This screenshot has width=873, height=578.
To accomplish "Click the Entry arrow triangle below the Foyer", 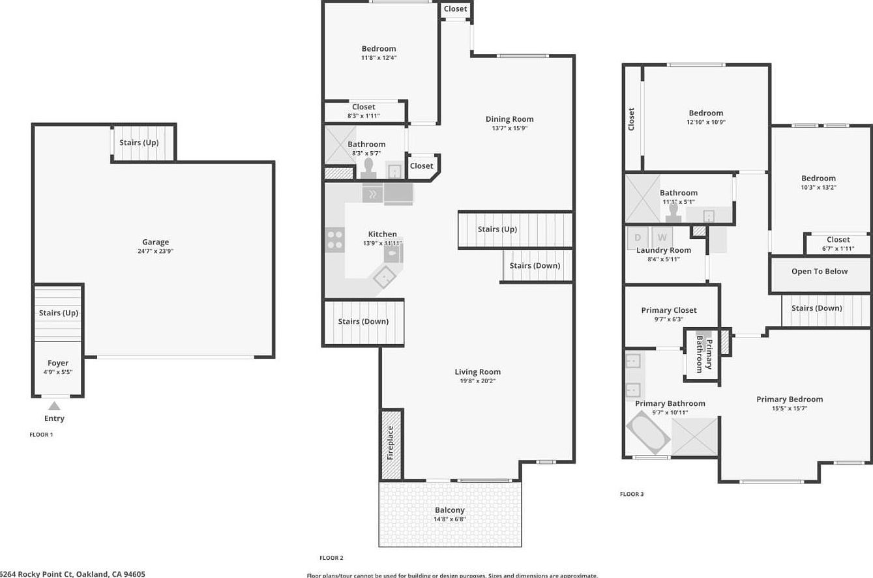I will click(x=54, y=406).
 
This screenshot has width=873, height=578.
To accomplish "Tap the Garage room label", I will click(x=155, y=242).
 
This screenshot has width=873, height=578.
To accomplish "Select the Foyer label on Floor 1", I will click(x=57, y=363).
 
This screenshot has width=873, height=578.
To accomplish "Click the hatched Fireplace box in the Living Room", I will click(x=391, y=444).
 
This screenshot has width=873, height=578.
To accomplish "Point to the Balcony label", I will click(x=450, y=510).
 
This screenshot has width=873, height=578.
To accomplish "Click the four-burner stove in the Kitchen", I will click(x=335, y=239).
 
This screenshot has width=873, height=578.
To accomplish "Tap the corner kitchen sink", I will click(x=385, y=277).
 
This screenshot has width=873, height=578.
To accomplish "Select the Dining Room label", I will click(x=509, y=119).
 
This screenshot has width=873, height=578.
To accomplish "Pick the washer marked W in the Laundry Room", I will click(x=662, y=237).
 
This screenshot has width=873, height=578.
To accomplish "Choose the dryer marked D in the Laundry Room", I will click(x=638, y=237).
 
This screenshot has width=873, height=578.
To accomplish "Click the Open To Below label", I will click(x=820, y=271).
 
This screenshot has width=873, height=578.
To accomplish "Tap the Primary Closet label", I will click(x=668, y=310).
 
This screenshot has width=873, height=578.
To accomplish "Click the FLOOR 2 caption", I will click(x=331, y=558).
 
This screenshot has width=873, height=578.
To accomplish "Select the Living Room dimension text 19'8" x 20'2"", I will click(x=477, y=381).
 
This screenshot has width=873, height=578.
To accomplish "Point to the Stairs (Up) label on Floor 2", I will click(x=497, y=229).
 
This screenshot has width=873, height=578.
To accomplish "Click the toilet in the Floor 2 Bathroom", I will click(x=368, y=168).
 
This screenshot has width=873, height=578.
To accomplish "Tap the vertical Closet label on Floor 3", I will click(x=631, y=119).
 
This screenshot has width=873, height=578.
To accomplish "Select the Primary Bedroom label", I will click(x=789, y=399).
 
